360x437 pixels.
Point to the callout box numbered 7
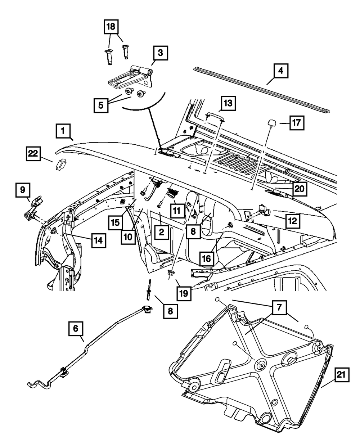point(279,308)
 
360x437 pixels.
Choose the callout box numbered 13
point(228,104)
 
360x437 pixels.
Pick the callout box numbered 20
point(300,188)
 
